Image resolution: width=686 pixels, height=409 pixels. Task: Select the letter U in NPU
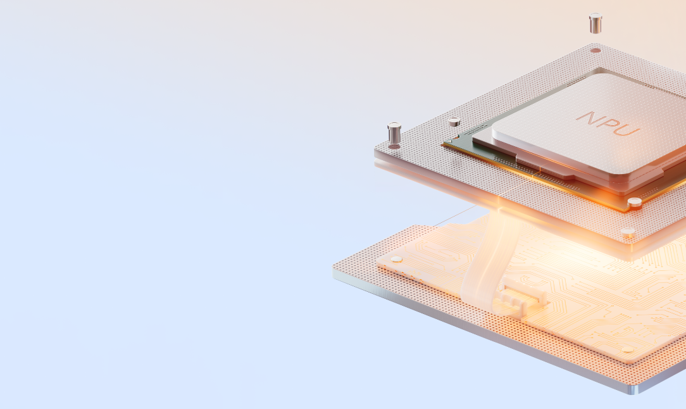[x=628, y=130]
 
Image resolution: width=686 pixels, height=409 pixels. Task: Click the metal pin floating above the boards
[x=596, y=23]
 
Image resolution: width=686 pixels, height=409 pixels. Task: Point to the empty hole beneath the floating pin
[x=596, y=51]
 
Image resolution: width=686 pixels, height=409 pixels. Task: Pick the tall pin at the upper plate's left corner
[x=394, y=135]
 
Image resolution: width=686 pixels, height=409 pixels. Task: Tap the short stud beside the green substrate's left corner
[x=454, y=122]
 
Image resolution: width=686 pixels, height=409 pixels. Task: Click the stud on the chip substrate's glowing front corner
[x=634, y=203]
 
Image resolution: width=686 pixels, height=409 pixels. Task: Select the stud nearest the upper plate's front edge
[x=628, y=232]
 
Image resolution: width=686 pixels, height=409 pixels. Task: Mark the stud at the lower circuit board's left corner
[x=397, y=259]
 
